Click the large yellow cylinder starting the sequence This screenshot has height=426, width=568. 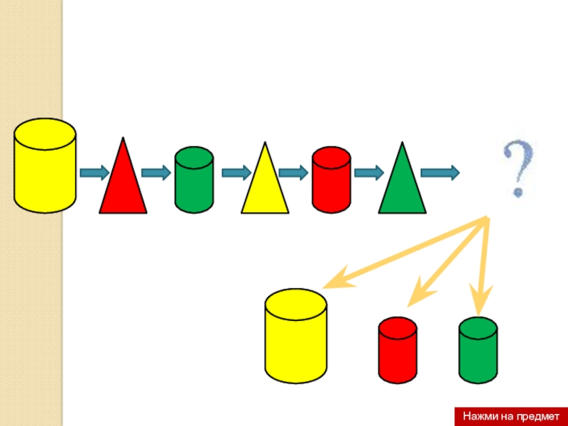[45, 165]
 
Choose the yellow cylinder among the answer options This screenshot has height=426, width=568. [295, 335]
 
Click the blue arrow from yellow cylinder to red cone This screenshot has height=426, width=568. [94, 173]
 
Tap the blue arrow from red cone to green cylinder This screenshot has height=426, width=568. [157, 173]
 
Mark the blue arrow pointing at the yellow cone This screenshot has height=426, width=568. [236, 173]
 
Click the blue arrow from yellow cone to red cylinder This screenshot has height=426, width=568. [293, 173]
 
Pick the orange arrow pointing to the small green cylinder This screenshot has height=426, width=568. [484, 266]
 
